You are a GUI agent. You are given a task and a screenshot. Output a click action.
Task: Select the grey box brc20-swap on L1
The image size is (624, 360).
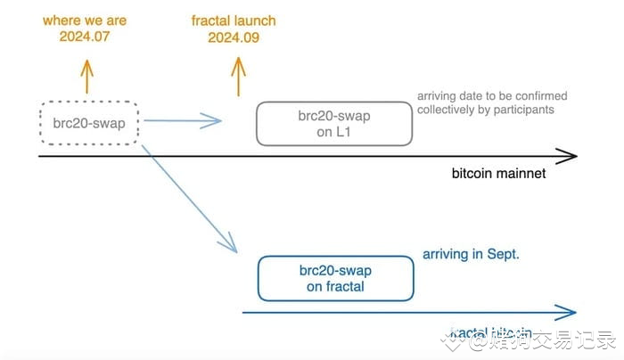point(334,124)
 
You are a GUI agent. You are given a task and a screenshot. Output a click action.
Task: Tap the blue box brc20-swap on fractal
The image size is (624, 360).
point(335,278)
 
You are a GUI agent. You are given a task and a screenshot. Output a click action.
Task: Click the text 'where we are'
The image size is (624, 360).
point(86,20)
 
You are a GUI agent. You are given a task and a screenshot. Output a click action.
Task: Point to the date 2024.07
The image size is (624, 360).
point(86,37)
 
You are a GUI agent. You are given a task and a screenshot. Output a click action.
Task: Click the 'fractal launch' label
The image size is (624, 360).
point(234,20)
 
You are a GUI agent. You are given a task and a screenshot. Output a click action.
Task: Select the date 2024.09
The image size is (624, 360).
point(234,37)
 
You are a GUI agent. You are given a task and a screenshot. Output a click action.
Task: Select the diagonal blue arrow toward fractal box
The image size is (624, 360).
point(192,200)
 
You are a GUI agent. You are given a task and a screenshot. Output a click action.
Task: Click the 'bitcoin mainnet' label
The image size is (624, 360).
point(498,173)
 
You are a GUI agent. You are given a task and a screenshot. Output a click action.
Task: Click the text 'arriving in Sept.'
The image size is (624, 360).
point(470,254)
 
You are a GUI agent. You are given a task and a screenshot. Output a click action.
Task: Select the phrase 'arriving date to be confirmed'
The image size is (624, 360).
point(492,95)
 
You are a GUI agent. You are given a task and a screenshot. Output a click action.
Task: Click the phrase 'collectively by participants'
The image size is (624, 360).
point(487,110)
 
